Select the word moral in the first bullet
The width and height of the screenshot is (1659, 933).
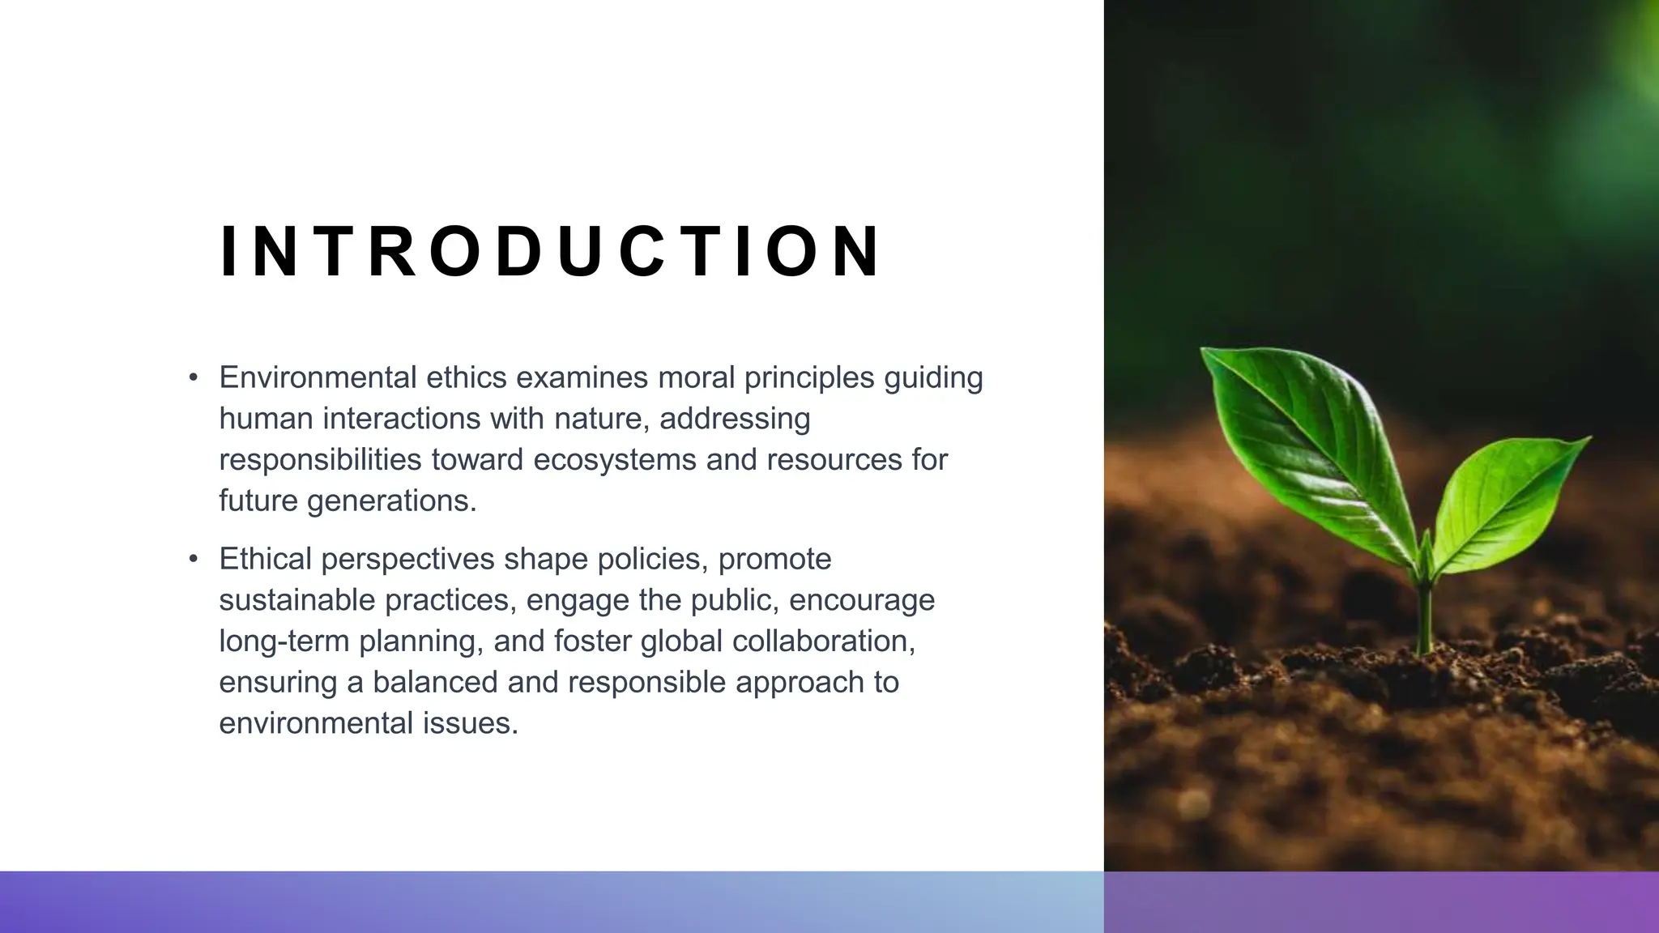[x=696, y=377]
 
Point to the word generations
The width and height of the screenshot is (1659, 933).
[x=392, y=501]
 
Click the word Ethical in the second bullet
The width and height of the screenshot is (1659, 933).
[x=265, y=559]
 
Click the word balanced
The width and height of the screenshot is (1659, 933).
[x=435, y=682]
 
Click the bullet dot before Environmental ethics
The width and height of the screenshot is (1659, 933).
[x=193, y=377]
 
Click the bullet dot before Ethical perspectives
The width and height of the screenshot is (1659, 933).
[x=193, y=559]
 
